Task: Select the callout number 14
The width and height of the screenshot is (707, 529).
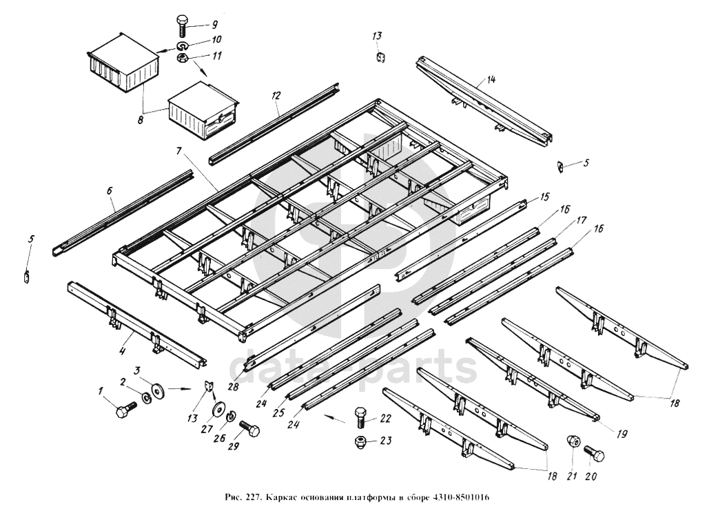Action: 491,80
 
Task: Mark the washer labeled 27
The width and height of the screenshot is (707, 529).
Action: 218,409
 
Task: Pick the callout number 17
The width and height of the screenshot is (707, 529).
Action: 581,221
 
